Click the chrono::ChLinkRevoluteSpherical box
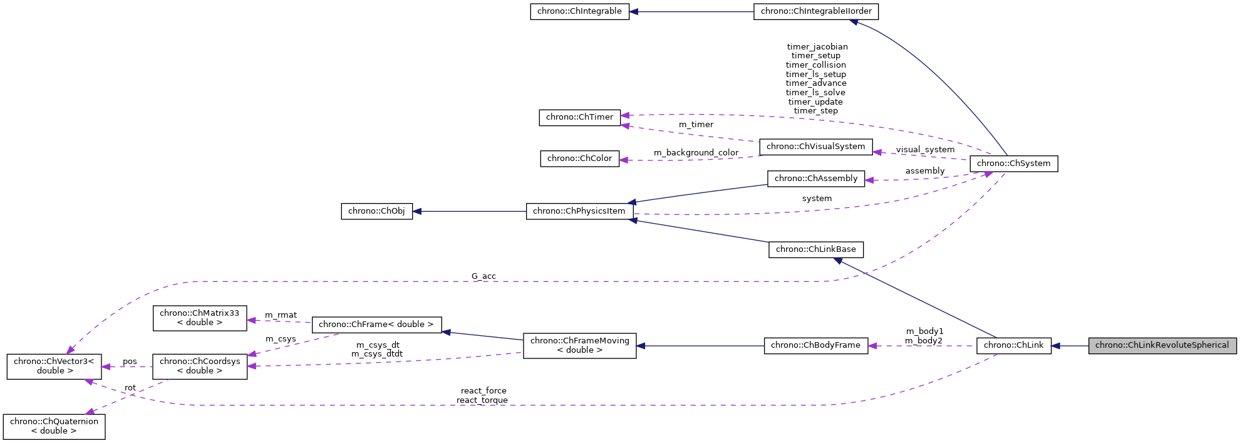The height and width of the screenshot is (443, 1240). click(x=1162, y=345)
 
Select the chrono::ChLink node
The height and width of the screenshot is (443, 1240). click(x=1013, y=345)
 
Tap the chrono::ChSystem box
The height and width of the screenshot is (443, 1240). click(x=1013, y=164)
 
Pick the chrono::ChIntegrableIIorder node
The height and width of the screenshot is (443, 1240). click(x=816, y=11)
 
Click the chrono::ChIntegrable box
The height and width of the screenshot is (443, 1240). click(x=579, y=11)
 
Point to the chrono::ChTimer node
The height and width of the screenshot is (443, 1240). click(x=579, y=117)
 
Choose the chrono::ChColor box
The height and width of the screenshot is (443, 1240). click(x=579, y=159)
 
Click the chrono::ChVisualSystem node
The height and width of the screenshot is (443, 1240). click(x=815, y=147)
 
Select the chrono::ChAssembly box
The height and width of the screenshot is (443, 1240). click(x=816, y=179)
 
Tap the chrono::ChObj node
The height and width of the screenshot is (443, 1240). click(x=376, y=211)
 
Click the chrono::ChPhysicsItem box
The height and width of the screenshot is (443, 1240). click(x=579, y=211)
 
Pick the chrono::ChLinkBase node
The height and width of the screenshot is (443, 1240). click(x=815, y=249)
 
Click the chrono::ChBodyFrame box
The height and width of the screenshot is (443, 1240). click(x=815, y=345)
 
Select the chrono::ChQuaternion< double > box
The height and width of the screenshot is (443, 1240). click(x=54, y=426)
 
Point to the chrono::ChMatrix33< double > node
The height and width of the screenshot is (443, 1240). click(x=199, y=318)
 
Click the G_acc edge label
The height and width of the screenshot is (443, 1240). click(x=483, y=276)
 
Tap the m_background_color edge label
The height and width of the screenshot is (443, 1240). click(x=696, y=153)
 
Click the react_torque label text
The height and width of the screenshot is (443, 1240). click(x=482, y=400)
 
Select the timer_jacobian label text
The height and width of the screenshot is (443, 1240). click(x=817, y=47)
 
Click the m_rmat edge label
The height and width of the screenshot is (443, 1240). click(x=281, y=315)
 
